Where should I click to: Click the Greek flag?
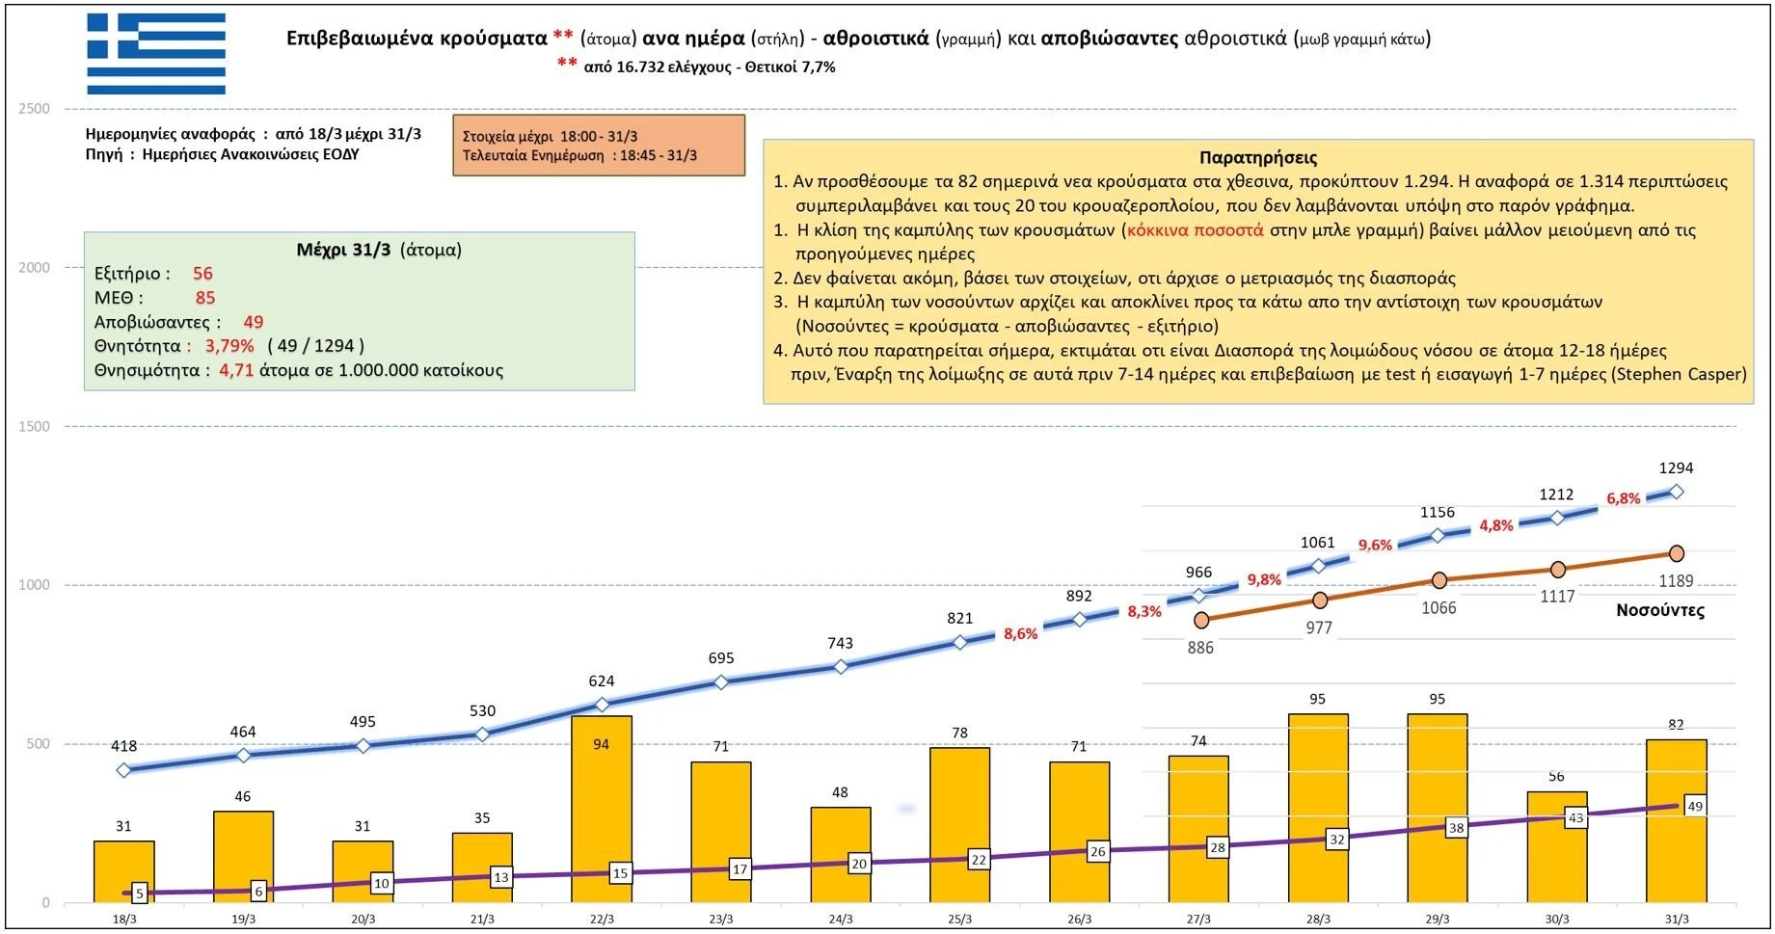pyautogui.click(x=156, y=54)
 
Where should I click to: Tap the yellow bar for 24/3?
pyautogui.click(x=840, y=854)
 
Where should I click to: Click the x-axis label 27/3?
pyautogui.click(x=1198, y=920)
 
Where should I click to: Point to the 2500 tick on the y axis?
pyautogui.click(x=34, y=109)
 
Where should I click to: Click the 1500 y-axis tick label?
pyautogui.click(x=34, y=427)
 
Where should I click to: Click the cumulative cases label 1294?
pyautogui.click(x=1676, y=468)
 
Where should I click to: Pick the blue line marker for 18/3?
pyautogui.click(x=123, y=770)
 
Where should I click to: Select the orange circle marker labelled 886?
pyautogui.click(x=1201, y=620)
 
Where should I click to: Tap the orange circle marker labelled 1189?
pyautogui.click(x=1677, y=553)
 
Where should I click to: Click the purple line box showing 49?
pyautogui.click(x=1695, y=807)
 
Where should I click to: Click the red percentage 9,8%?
pyautogui.click(x=1264, y=579)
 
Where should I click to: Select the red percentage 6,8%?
pyautogui.click(x=1623, y=498)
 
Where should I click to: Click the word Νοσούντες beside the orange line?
pyautogui.click(x=1659, y=610)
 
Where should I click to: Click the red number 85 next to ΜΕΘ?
pyautogui.click(x=205, y=298)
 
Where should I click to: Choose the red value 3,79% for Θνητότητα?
pyautogui.click(x=229, y=346)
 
